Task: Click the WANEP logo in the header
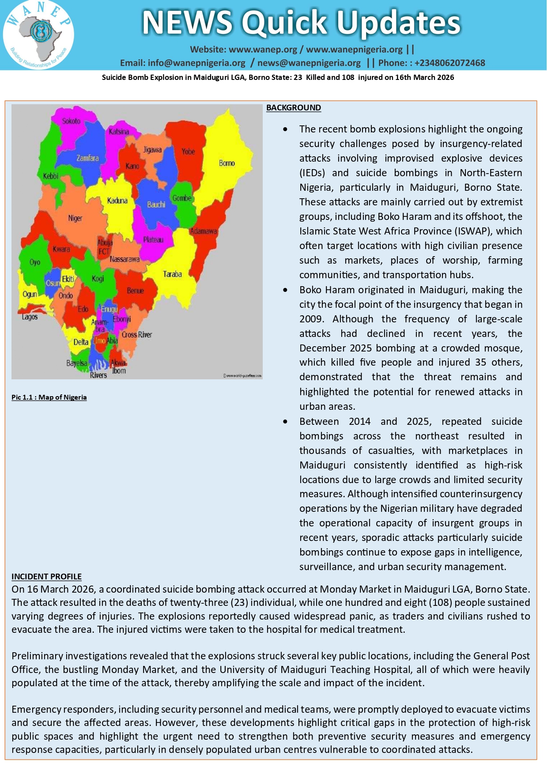38,34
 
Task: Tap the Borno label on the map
227,163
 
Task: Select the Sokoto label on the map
71,121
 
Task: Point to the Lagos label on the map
30,317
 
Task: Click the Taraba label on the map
172,274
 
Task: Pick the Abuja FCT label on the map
105,247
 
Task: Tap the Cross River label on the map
137,334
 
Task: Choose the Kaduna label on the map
117,200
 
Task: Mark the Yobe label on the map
188,151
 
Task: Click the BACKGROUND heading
293,108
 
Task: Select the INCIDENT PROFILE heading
46,576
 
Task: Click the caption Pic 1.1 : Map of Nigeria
49,397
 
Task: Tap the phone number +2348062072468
450,63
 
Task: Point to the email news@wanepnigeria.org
309,63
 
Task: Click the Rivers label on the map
98,375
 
